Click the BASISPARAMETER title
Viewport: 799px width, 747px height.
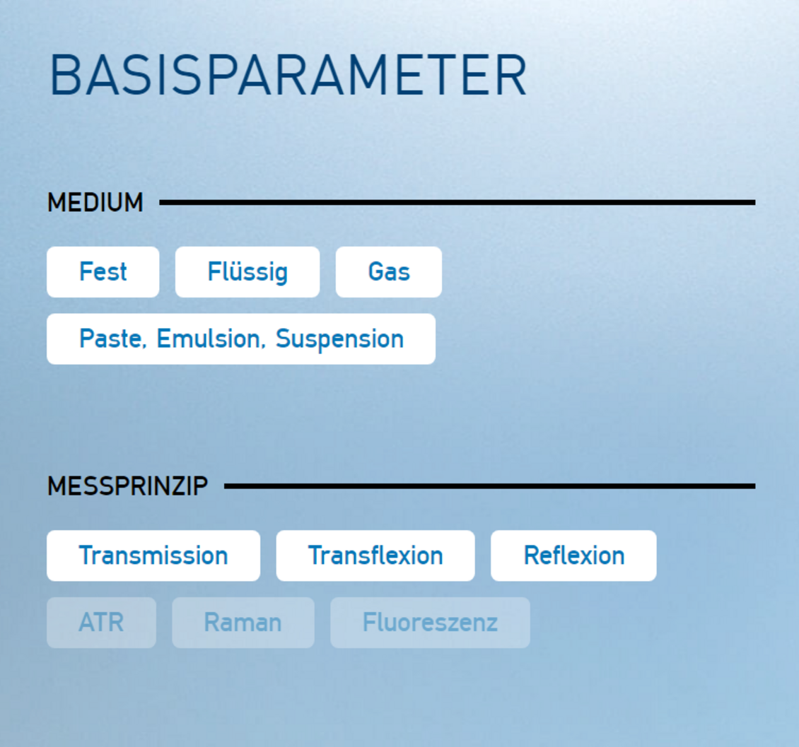coord(288,76)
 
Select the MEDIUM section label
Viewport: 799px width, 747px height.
coord(95,203)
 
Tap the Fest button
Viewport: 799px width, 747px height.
coord(103,272)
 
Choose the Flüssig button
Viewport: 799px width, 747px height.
coord(247,272)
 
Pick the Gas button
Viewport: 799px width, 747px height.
coord(389,272)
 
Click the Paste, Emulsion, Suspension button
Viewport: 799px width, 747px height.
coord(241,339)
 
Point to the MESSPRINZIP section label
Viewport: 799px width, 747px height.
coord(127,486)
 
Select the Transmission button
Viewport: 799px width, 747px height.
coord(153,555)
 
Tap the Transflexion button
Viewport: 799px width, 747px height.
coord(375,555)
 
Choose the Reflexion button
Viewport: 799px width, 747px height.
coord(573,555)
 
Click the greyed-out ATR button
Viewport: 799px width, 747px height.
coord(101,623)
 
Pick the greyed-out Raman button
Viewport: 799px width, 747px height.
coord(243,623)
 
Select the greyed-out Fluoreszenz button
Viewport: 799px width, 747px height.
coord(430,623)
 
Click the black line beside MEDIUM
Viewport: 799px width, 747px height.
coord(457,203)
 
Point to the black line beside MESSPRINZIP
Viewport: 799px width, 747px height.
coord(490,486)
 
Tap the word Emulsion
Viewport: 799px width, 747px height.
coord(211,339)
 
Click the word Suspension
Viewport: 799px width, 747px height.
coord(340,340)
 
